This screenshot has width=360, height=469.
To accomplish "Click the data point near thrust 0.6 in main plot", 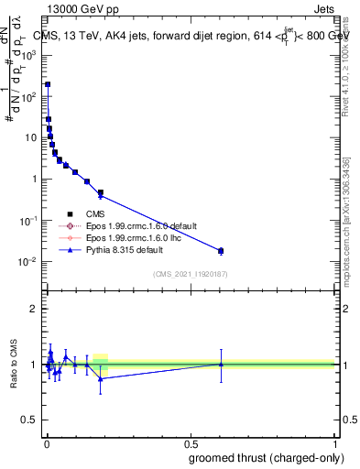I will point(220,250).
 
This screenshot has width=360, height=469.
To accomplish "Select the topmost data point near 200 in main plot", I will point(48,84).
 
